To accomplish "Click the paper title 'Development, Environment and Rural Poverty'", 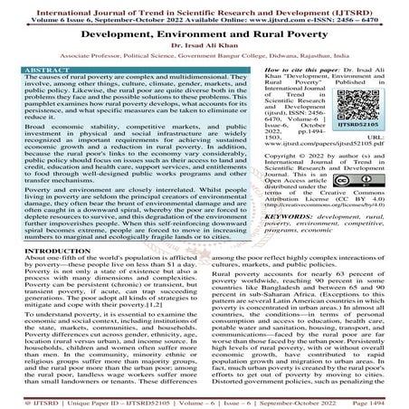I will [204, 31].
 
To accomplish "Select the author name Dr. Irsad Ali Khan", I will [204, 43].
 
